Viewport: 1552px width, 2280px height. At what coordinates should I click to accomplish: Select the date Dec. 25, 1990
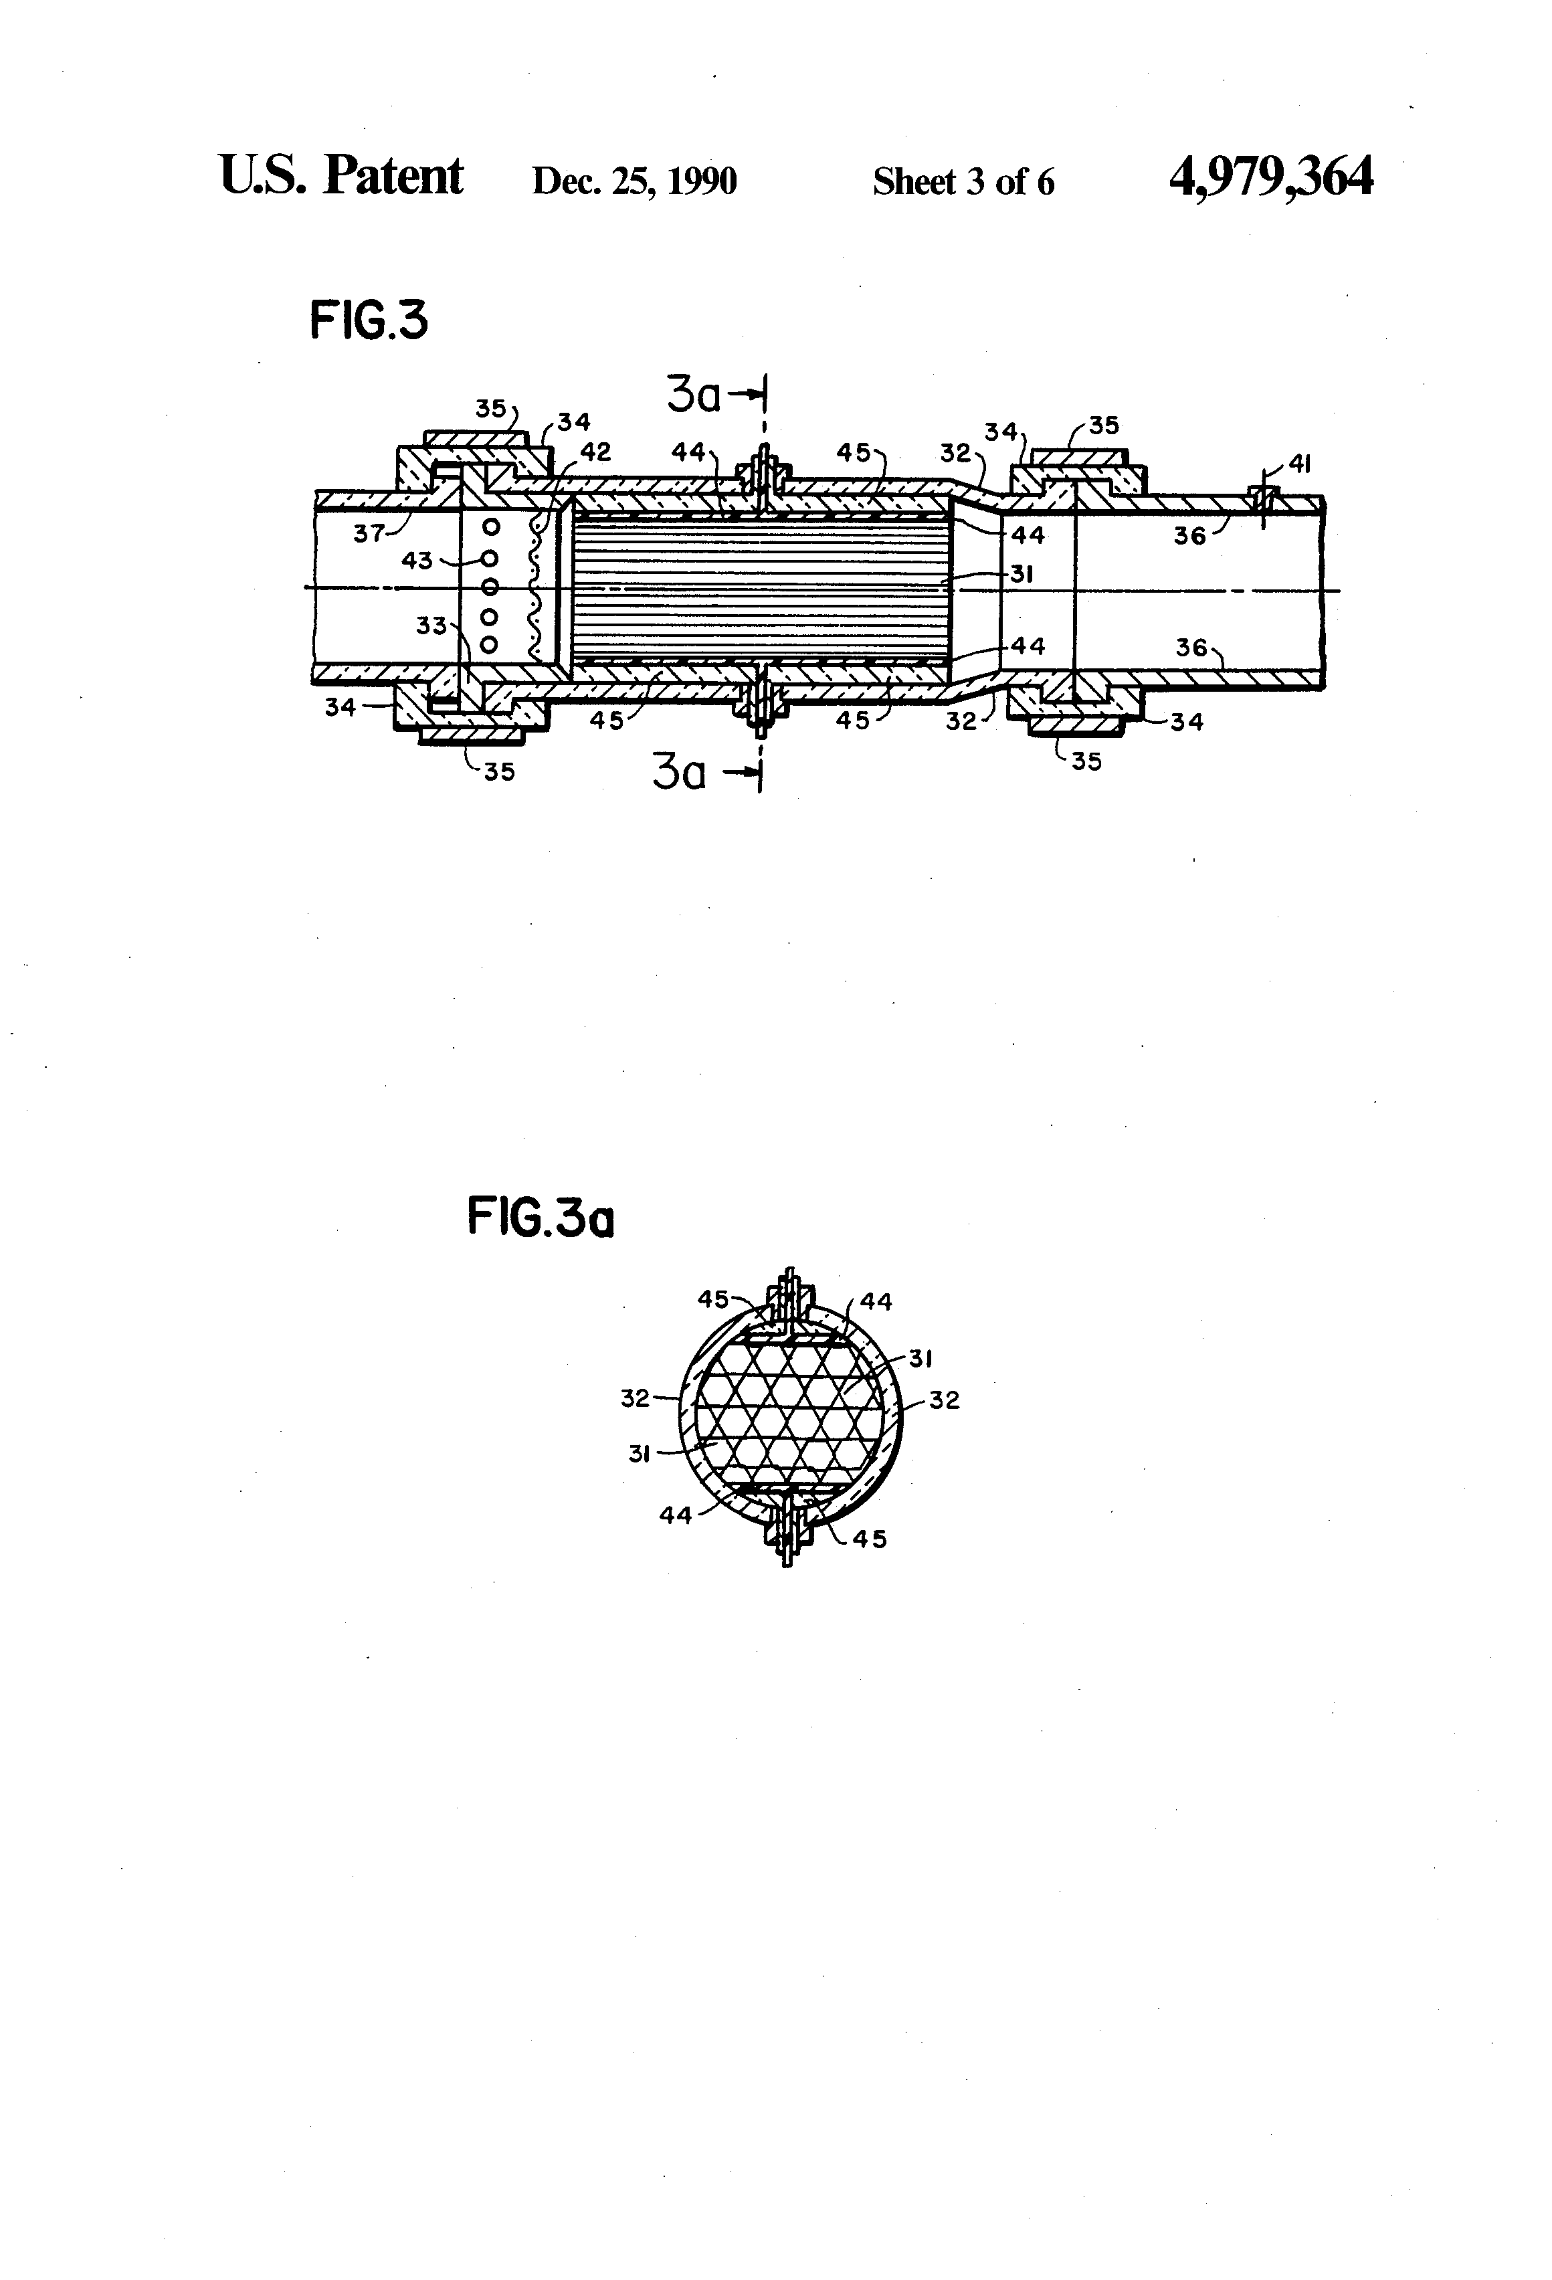click(634, 181)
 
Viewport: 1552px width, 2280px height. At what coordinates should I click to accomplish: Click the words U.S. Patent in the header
click(341, 177)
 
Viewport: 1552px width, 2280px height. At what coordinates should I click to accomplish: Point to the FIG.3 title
click(369, 321)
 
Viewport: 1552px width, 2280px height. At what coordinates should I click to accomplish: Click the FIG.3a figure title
click(541, 1220)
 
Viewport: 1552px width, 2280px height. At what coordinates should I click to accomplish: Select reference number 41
click(1299, 464)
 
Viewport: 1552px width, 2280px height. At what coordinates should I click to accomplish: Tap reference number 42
click(595, 452)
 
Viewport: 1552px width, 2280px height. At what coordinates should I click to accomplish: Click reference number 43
click(417, 560)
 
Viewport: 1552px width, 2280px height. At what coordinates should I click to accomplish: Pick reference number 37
click(369, 535)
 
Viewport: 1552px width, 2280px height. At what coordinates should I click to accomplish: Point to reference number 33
click(431, 625)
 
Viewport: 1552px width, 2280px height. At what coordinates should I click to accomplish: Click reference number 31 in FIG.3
click(1022, 574)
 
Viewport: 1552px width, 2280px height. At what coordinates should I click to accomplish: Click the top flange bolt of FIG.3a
click(787, 1300)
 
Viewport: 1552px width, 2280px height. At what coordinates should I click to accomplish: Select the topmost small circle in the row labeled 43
click(492, 527)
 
